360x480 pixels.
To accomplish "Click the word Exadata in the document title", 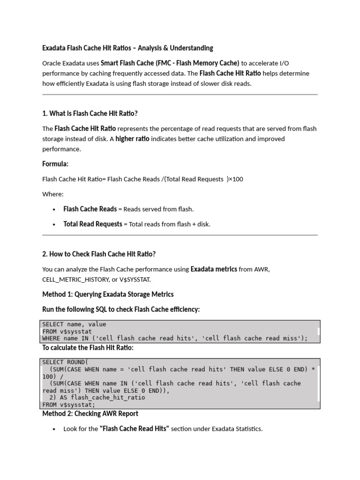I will click(54, 48).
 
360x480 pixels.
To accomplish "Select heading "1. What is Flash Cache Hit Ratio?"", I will click(90, 113).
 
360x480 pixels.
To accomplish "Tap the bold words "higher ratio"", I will click(132, 139).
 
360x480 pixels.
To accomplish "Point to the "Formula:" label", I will click(55, 164).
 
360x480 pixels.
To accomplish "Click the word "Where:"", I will click(53, 194).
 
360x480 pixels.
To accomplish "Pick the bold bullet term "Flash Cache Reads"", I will click(90, 209).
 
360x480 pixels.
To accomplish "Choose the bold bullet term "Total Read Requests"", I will click(93, 224).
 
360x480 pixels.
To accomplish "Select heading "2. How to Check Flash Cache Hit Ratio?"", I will click(99, 254).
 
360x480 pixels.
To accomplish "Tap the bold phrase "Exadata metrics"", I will click(214, 269).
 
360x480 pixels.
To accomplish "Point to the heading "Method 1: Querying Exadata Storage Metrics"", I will click(108, 294).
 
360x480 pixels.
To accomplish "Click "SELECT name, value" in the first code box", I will click(74, 324).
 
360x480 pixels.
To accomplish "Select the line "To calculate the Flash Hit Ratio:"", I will click(88, 348).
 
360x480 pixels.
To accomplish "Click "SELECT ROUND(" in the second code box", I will click(65, 362).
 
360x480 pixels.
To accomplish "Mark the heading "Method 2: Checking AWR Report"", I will click(90, 414).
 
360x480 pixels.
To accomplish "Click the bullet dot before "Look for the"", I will click(55, 429).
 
